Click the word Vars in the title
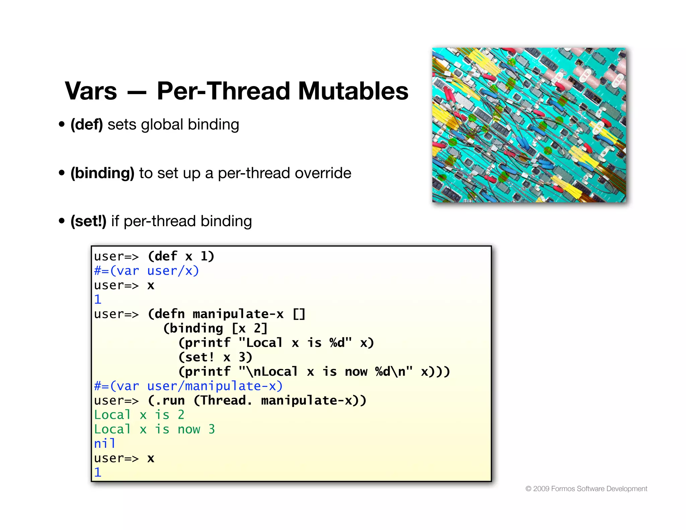click(91, 91)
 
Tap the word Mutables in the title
click(353, 91)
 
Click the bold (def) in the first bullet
click(86, 125)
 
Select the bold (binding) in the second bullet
click(102, 173)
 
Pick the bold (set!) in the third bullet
click(88, 221)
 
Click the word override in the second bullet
click(323, 173)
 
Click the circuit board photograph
click(529, 125)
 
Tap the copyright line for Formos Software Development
click(586, 488)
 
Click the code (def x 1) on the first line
click(181, 256)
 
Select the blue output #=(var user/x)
click(146, 271)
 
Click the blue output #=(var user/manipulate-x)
click(188, 386)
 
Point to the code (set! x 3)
click(215, 357)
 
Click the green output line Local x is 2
click(139, 415)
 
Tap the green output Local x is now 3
click(154, 429)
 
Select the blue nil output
click(105, 444)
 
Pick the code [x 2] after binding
click(250, 328)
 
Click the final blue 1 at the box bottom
click(97, 472)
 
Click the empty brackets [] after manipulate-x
click(299, 314)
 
